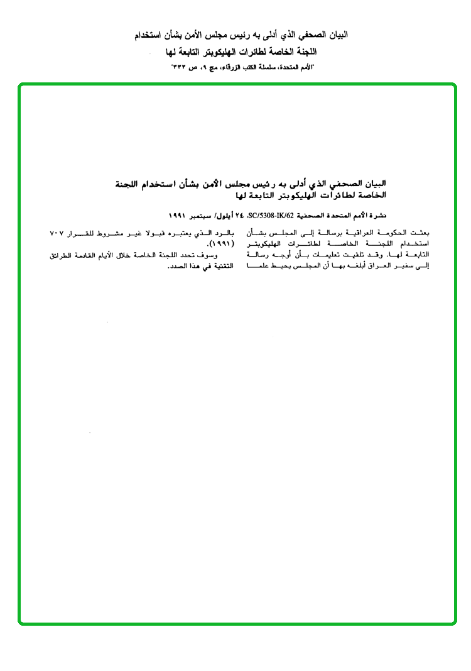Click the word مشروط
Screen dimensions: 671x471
pyautogui.click(x=100, y=233)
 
